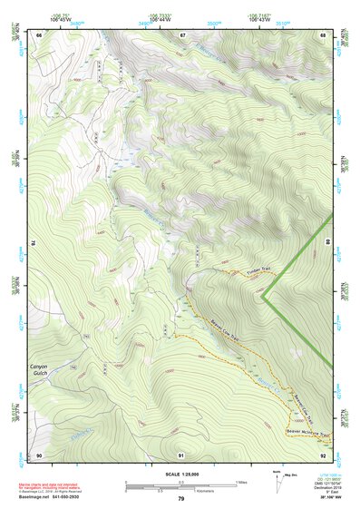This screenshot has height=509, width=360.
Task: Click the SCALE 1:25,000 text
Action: [x=180, y=473]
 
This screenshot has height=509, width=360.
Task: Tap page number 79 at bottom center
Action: [x=180, y=498]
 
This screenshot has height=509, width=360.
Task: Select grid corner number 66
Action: [x=39, y=34]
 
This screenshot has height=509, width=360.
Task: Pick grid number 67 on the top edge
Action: [x=182, y=34]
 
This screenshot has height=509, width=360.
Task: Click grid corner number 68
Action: [x=324, y=34]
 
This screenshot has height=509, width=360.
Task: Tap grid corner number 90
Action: [x=39, y=454]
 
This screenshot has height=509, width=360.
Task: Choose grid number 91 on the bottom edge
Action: [x=182, y=454]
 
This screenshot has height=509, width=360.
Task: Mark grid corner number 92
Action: [x=324, y=454]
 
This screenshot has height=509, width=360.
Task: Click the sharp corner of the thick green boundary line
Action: [x=263, y=295]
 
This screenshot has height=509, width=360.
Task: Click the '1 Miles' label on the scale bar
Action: [x=241, y=481]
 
